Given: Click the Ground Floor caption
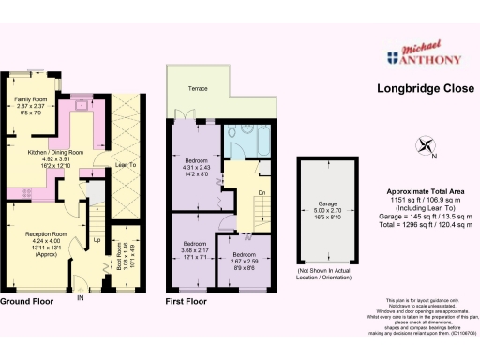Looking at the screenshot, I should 25,303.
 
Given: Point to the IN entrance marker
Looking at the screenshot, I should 81,299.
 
